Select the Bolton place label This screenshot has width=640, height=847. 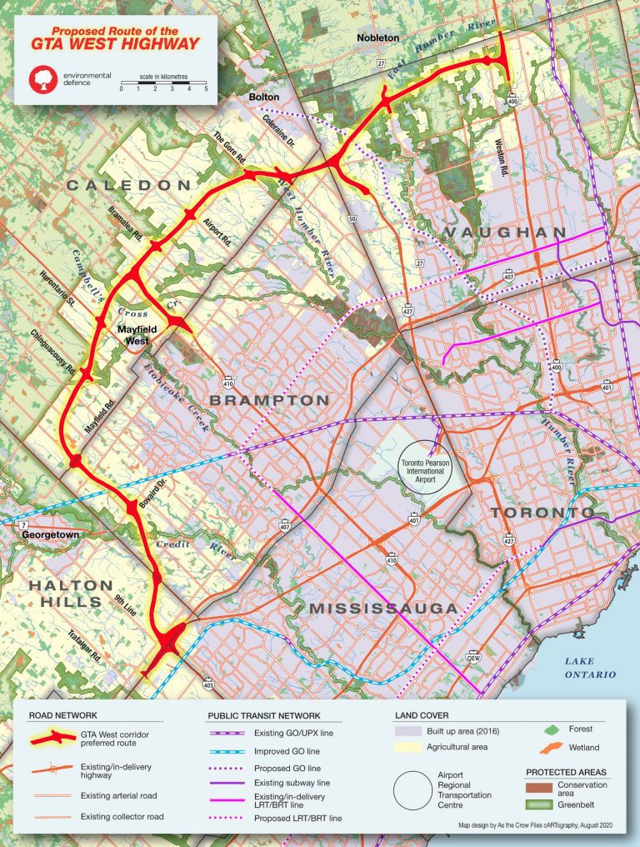click(264, 98)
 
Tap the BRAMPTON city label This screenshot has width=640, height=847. click(268, 401)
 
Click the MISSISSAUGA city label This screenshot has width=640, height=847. click(383, 609)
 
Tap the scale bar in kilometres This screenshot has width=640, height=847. click(163, 82)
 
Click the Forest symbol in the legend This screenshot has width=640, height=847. click(544, 728)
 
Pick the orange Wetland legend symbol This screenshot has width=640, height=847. click(543, 747)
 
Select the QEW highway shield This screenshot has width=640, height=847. click(474, 654)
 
